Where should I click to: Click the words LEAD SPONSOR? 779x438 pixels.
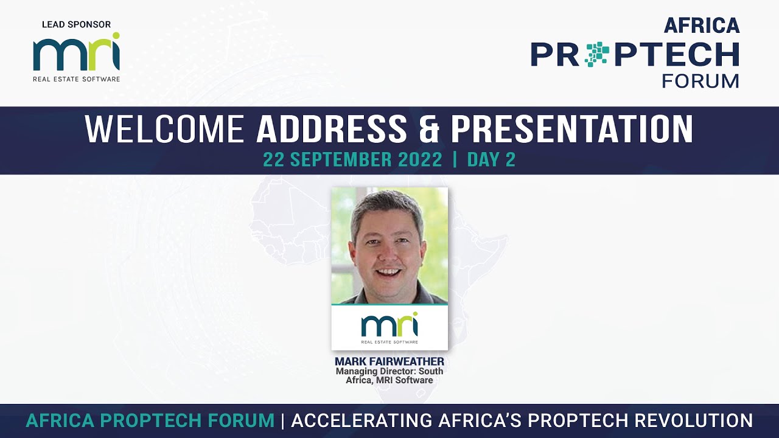tap(76, 25)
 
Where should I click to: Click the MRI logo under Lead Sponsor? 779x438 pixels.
tap(76, 55)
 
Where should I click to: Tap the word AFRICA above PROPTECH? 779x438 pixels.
tap(702, 26)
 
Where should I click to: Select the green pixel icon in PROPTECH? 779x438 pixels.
tap(597, 54)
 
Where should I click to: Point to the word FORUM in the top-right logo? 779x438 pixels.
tap(700, 81)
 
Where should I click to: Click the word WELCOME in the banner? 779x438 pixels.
tap(164, 129)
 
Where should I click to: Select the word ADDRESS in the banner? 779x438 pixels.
tap(331, 129)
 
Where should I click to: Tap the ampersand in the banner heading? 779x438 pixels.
tap(428, 129)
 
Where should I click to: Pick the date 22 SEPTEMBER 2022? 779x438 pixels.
tap(352, 160)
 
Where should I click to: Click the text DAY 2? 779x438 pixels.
tap(491, 160)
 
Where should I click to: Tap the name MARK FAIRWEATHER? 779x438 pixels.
tap(389, 362)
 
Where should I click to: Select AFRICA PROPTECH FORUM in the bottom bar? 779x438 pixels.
tap(150, 420)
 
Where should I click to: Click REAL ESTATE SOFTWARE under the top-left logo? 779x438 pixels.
tap(76, 78)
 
